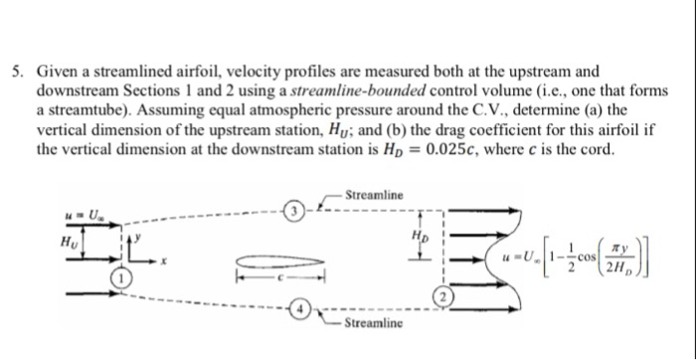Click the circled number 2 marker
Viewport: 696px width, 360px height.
pos(443,297)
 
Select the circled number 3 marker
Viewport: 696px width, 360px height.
pos(294,210)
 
